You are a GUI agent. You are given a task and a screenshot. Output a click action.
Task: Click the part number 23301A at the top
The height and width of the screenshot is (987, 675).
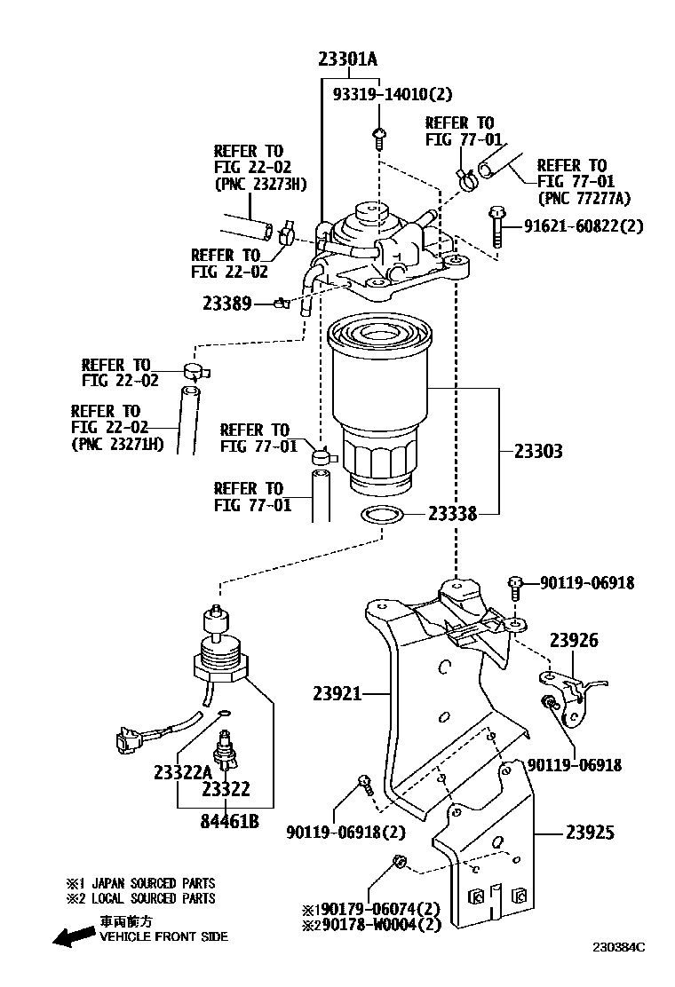[348, 60]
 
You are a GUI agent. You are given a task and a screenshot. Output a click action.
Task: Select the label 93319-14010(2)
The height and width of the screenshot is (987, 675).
[393, 95]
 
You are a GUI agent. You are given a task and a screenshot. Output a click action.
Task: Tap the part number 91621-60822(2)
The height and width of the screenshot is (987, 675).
[583, 226]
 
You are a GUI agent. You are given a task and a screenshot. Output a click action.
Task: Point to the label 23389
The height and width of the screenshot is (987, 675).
[227, 304]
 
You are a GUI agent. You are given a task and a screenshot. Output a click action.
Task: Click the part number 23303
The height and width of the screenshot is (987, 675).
[538, 451]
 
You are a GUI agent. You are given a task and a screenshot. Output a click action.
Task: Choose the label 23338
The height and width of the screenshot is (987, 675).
[452, 513]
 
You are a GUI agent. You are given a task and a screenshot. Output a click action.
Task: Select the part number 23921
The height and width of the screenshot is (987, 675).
[337, 693]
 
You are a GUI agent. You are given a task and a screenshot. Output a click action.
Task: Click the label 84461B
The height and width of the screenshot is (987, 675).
[229, 822]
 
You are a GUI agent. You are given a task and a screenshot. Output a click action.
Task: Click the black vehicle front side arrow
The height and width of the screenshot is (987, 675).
[72, 934]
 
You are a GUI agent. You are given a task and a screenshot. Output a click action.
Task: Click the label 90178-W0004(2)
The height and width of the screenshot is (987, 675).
[378, 925]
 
